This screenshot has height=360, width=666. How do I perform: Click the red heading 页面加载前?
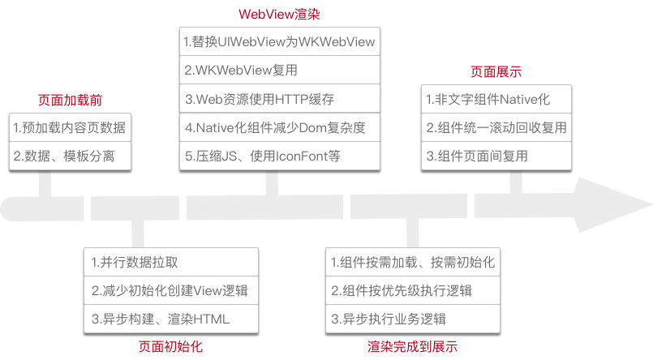(x=70, y=101)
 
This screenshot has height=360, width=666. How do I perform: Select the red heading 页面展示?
(x=496, y=71)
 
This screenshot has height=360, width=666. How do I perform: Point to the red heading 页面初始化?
(x=170, y=346)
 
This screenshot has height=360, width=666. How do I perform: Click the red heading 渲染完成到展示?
(x=412, y=346)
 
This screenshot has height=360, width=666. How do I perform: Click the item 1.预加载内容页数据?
(x=70, y=127)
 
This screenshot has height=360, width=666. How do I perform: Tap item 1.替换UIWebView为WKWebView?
(x=279, y=41)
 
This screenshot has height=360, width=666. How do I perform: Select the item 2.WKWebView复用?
(x=241, y=71)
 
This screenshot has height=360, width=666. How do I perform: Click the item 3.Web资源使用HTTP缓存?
(x=260, y=100)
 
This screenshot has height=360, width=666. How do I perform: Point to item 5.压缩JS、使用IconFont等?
(x=261, y=156)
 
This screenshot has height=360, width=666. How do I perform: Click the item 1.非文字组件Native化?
(x=488, y=100)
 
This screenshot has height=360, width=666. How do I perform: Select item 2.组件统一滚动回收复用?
(x=496, y=127)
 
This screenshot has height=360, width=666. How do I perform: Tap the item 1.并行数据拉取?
(x=135, y=262)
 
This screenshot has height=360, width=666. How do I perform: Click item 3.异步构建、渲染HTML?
(x=161, y=319)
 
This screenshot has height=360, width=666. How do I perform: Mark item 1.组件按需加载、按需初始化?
(x=412, y=262)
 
